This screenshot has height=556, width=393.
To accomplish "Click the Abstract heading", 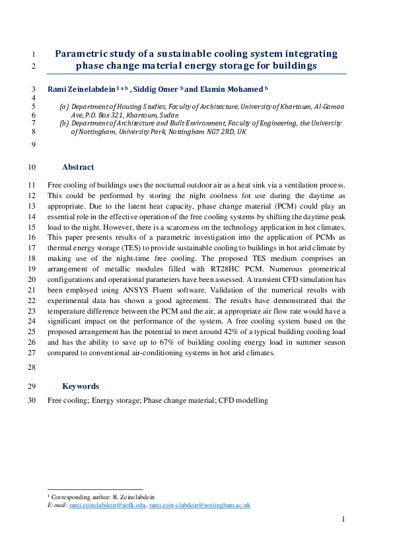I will [78, 167].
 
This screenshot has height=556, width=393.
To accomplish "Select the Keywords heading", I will [81, 386].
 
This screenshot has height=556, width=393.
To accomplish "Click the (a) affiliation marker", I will [64, 106].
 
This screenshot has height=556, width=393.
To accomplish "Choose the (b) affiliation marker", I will [64, 123].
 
